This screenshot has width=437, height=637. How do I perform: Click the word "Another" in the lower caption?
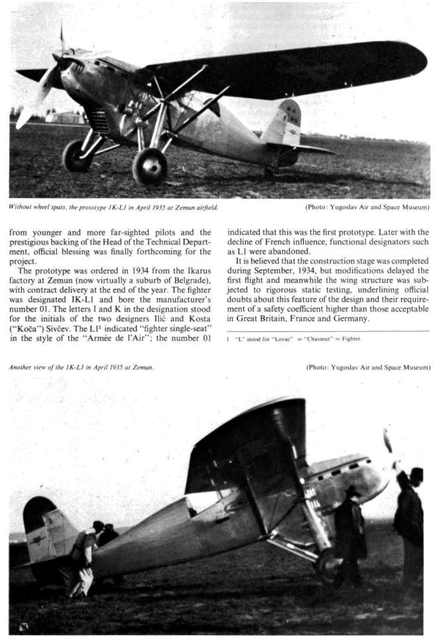coord(22,366)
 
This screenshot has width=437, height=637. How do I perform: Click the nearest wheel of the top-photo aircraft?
coord(150,166)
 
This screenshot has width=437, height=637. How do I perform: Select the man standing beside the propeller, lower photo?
coord(408,518)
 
